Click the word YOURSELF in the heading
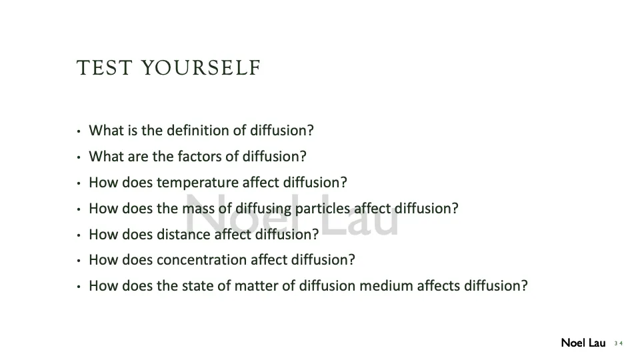201,69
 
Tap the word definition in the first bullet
203,130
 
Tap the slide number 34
619,343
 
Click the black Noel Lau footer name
583,343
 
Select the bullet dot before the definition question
79,131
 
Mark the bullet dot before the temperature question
79,183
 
